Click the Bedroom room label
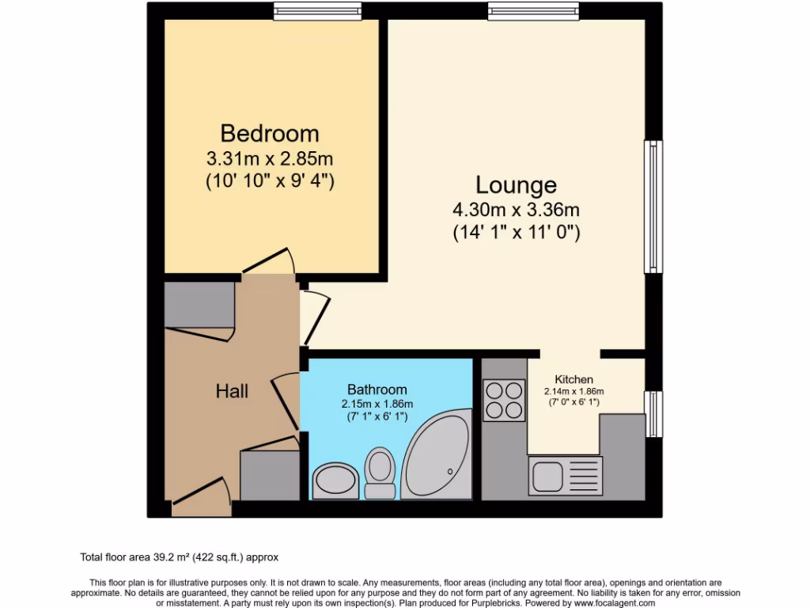click(270, 132)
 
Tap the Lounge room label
click(516, 185)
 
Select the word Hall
click(232, 391)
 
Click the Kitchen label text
click(573, 379)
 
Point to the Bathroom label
click(377, 389)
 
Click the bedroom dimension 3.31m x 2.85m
click(270, 158)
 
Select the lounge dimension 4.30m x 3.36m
click(516, 211)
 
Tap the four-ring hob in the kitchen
click(504, 401)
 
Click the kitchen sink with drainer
click(565, 476)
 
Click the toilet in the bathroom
click(380, 472)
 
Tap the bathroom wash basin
click(335, 480)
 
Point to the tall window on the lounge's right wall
click(653, 207)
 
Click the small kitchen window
click(653, 413)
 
